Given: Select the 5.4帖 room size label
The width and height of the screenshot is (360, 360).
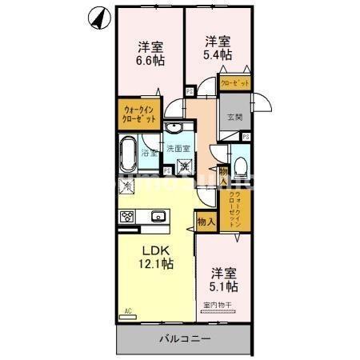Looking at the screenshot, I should [218, 54].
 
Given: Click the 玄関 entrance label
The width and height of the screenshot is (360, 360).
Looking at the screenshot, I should [234, 117].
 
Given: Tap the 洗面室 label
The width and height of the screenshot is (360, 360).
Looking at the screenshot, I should [178, 149].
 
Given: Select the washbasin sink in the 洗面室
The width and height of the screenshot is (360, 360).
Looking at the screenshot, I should [175, 131].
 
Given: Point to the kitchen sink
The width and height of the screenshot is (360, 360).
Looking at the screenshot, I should [158, 215].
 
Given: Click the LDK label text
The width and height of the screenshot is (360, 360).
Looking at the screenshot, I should [156, 250].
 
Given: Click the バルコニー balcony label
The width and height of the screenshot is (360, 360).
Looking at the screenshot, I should [184, 338].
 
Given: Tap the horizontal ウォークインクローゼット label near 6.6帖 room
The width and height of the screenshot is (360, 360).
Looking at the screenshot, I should [139, 112].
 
